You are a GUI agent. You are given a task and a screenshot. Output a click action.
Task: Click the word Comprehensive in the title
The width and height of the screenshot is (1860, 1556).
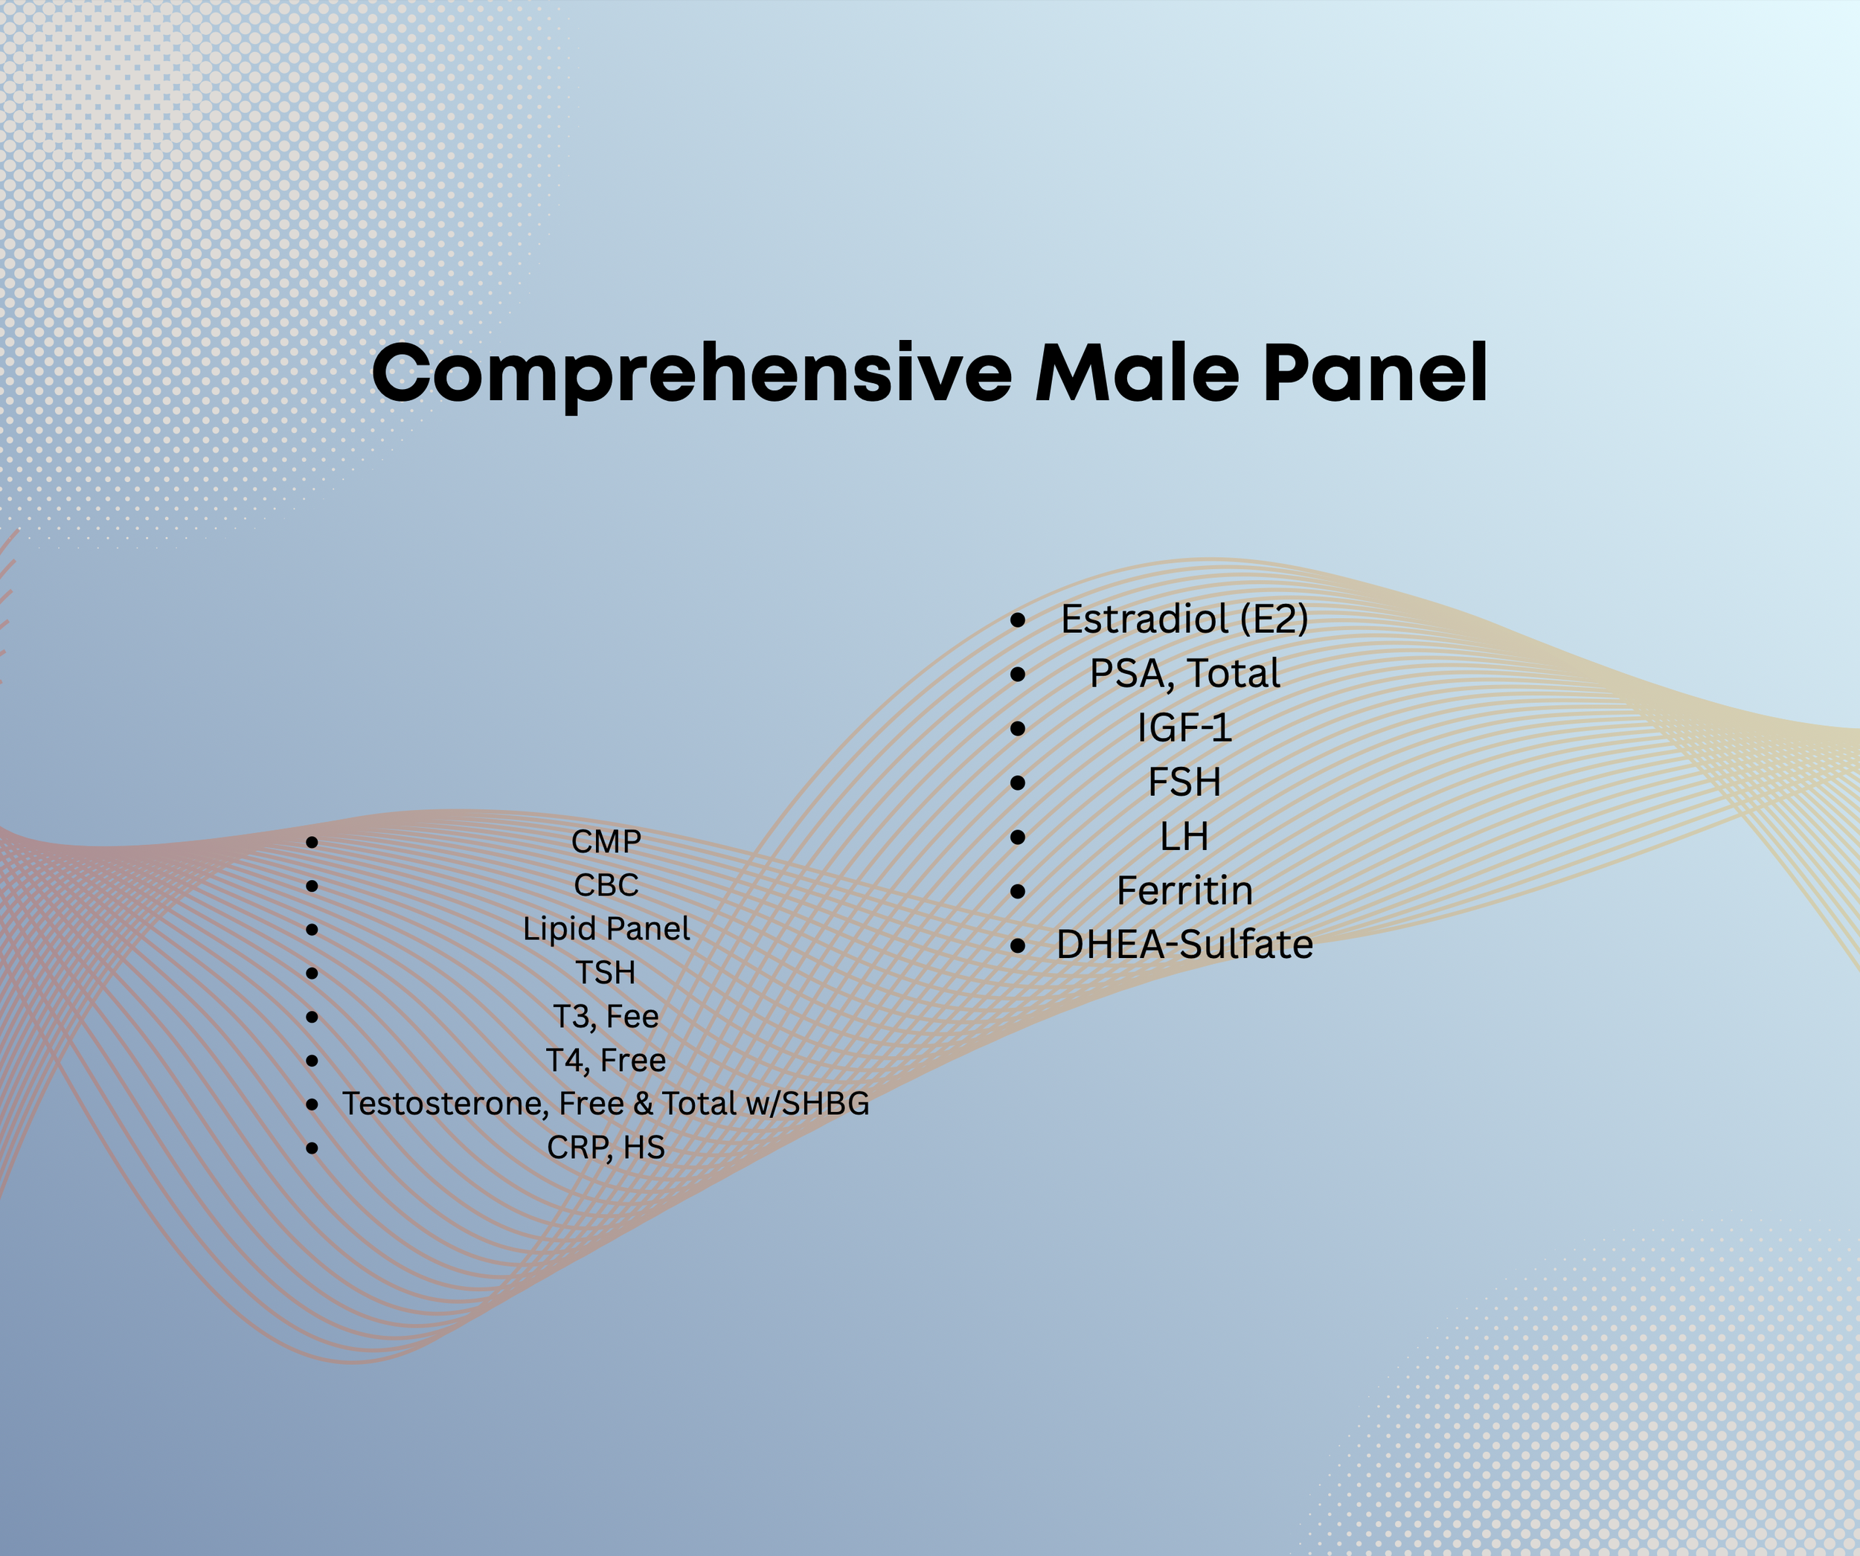691,373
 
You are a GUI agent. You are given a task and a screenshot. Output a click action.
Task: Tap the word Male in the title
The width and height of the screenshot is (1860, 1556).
1136,373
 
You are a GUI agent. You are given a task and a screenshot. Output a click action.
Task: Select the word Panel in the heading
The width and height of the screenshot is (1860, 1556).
1375,373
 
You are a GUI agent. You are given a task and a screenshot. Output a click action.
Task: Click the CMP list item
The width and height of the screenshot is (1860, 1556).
606,841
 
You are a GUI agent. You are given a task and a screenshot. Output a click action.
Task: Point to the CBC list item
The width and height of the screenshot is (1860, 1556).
606,884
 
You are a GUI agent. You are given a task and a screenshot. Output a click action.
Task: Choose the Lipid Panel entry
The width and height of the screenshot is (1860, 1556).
606,928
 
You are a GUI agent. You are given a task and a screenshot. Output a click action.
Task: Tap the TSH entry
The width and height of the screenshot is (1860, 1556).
606,972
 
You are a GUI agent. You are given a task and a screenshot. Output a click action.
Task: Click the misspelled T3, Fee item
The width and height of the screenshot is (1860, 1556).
606,1016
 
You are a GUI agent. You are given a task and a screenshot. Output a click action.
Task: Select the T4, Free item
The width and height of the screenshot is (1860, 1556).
606,1059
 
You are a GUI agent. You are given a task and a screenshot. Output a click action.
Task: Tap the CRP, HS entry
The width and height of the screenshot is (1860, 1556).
606,1147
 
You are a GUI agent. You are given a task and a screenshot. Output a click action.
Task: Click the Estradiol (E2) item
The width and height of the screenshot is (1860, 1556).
1184,619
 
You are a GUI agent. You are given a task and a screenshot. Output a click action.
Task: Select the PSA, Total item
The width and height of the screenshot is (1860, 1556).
1184,673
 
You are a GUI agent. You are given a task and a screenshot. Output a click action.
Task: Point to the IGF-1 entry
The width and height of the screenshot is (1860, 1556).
1184,728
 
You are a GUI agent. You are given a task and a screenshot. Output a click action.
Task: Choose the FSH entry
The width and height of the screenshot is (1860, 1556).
1184,782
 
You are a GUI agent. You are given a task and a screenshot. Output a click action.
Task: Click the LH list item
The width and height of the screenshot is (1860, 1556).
1184,836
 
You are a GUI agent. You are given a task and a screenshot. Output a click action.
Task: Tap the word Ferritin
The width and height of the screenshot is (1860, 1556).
1184,890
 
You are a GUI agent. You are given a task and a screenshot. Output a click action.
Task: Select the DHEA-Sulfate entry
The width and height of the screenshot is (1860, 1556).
1184,944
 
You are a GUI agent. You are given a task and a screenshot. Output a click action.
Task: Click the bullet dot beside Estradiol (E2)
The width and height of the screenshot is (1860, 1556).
1018,620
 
